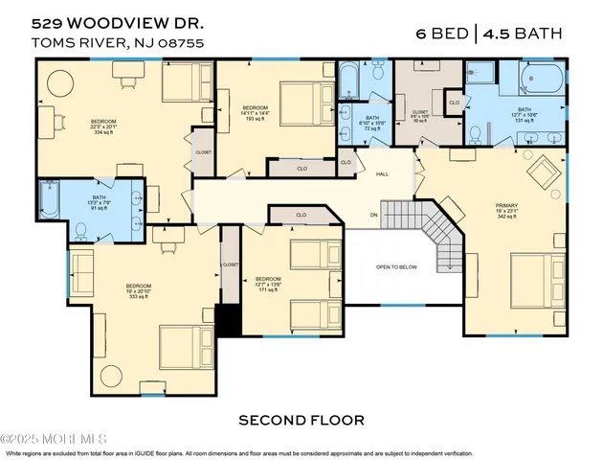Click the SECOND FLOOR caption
(301, 420)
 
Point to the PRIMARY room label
(506, 205)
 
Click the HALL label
(381, 174)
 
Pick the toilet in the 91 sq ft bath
(80, 230)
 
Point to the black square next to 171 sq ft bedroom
(228, 319)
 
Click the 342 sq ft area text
(506, 218)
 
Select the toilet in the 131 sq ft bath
(477, 132)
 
